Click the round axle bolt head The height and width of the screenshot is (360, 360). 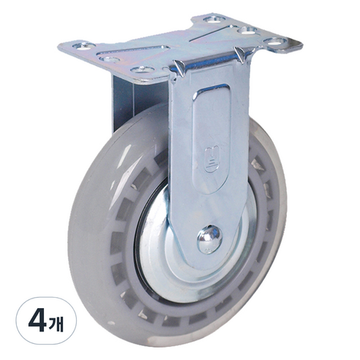[x=209, y=239]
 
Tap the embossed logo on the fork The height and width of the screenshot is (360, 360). [x=211, y=159]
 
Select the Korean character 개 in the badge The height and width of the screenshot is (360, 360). [x=56, y=323]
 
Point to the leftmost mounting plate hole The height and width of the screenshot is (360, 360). [x=84, y=46]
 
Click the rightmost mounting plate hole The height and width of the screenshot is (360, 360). [x=275, y=41]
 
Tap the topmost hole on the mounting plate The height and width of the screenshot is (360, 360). [x=214, y=19]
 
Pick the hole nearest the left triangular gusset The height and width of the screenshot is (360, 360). [x=143, y=70]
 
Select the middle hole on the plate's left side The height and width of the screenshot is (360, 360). [x=110, y=59]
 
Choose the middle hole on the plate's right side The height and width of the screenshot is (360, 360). [x=247, y=30]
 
